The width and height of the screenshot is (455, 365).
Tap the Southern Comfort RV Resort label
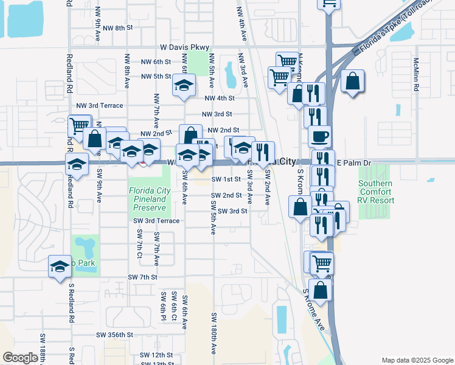pyautogui.click(x=375, y=192)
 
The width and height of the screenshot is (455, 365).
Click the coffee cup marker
pyautogui.click(x=319, y=136)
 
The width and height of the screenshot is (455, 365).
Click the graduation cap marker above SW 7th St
pyautogui.click(x=60, y=266)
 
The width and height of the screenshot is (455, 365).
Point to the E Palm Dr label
pyautogui.click(x=353, y=164)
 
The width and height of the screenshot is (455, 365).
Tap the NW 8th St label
pyautogui.click(x=117, y=28)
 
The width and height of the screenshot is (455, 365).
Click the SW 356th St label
pyautogui.click(x=114, y=335)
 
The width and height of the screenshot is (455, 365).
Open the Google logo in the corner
pyautogui.click(x=20, y=358)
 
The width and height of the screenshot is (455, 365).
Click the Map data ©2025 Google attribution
pyautogui.click(x=417, y=360)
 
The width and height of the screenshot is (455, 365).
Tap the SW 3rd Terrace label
pyautogui.click(x=156, y=221)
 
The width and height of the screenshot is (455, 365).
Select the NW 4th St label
pyautogui.click(x=220, y=98)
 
